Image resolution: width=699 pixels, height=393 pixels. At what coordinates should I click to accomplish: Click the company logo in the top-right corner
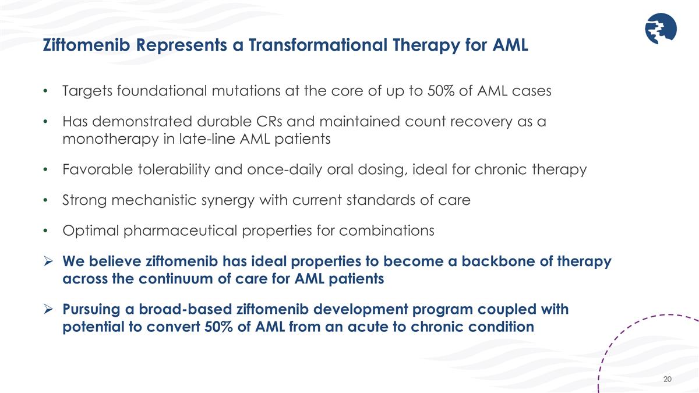click(661, 29)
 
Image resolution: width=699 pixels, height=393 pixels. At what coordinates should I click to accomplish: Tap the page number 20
click(668, 380)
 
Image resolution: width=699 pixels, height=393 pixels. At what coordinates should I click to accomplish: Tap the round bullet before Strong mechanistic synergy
click(46, 200)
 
